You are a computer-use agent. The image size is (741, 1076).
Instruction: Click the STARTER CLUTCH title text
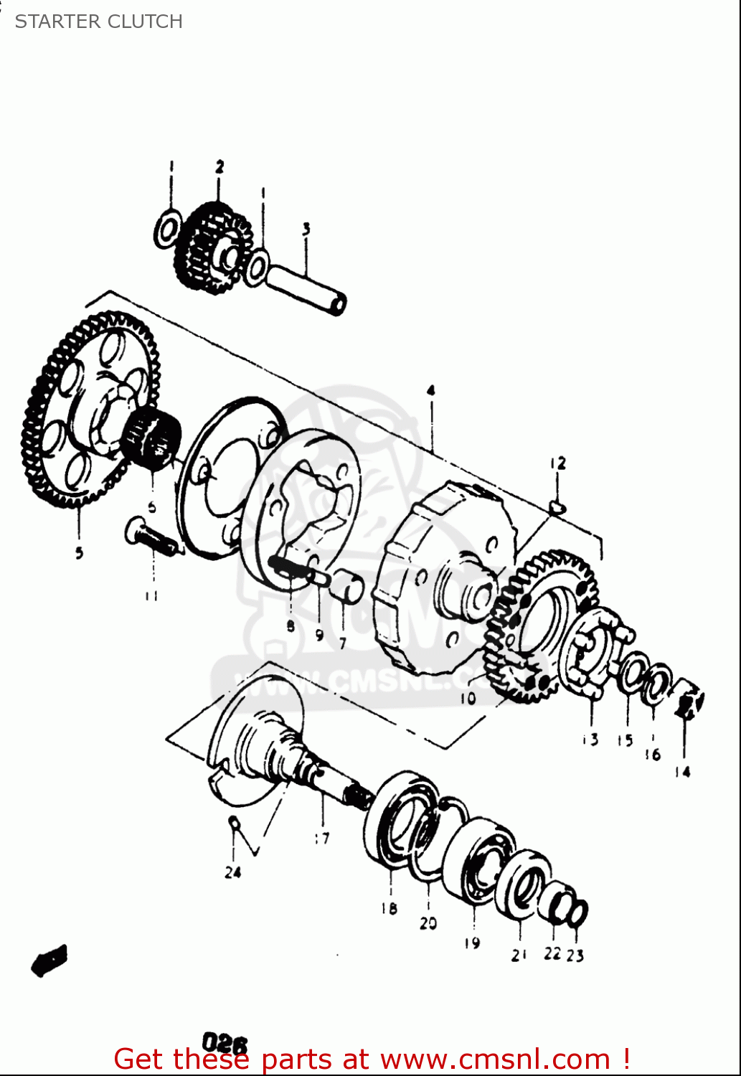click(98, 22)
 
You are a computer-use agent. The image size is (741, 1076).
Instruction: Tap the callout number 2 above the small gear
click(220, 167)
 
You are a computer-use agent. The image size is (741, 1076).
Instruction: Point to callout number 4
click(430, 391)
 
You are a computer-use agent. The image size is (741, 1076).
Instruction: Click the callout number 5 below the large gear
click(79, 552)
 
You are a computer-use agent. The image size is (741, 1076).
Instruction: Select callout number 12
click(558, 463)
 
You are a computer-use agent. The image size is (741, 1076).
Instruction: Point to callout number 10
click(468, 697)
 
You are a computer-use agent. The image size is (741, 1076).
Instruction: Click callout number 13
click(590, 739)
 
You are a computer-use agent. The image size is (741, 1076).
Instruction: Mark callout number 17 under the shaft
click(321, 837)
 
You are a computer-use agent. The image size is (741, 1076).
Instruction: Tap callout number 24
click(232, 872)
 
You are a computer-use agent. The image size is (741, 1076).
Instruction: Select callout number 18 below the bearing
click(389, 908)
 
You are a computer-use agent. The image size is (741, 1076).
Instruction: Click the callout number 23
click(575, 955)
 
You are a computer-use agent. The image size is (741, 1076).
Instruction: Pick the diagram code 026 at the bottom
click(225, 1042)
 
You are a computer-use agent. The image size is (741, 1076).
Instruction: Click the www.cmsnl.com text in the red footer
click(494, 1059)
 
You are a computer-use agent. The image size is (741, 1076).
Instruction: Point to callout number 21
click(519, 955)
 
